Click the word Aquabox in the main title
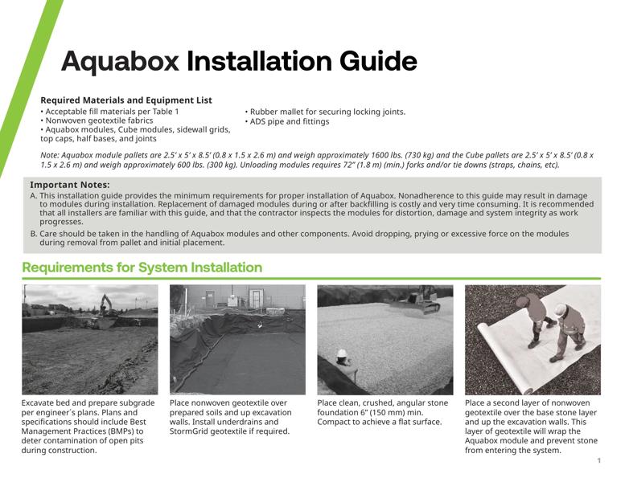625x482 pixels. click(x=120, y=62)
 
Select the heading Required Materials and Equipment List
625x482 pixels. click(x=126, y=100)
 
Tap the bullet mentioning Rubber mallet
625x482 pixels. click(x=325, y=112)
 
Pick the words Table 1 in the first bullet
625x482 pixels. click(x=164, y=112)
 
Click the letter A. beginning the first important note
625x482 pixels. click(x=34, y=195)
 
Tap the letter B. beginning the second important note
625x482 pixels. click(x=34, y=234)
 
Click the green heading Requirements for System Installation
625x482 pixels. click(x=142, y=268)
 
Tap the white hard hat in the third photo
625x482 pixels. click(x=341, y=353)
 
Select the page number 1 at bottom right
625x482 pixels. click(x=599, y=460)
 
